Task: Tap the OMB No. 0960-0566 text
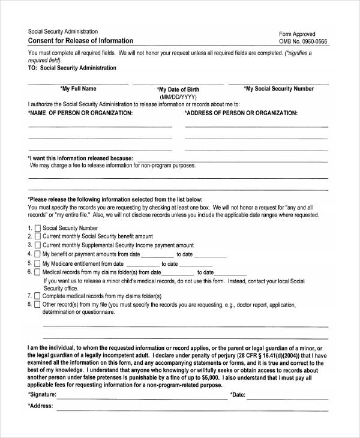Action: point(304,41)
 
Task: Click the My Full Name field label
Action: point(79,89)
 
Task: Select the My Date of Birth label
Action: point(178,89)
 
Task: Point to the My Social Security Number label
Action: point(279,89)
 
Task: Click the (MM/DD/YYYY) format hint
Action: point(178,97)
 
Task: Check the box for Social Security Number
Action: point(37,229)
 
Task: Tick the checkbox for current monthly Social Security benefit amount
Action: point(37,237)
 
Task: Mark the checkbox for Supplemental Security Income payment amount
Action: point(37,245)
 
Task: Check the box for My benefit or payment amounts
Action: point(37,254)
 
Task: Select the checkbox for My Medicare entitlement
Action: point(37,263)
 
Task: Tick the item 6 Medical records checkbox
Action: point(37,272)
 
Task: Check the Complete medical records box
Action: point(37,296)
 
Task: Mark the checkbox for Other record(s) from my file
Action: point(37,305)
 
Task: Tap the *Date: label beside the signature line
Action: point(238,395)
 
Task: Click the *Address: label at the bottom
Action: point(40,406)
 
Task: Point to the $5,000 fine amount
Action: point(208,379)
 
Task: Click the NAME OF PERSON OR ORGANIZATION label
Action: point(80,113)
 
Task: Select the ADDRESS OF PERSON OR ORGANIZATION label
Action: point(241,113)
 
